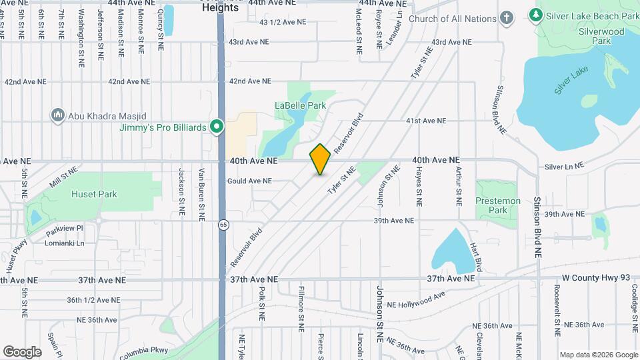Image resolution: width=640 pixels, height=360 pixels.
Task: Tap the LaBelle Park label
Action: pos(301,105)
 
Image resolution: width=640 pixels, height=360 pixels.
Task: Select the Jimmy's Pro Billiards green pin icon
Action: pos(216,127)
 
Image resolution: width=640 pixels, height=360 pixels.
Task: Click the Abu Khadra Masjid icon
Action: pos(57,115)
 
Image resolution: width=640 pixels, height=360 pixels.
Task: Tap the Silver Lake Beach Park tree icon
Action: pos(535,14)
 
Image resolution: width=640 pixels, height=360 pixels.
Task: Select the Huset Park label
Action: pos(94,194)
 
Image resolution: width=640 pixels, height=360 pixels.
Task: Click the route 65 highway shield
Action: pos(223,225)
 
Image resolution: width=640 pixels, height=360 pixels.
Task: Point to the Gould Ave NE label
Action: pos(249,181)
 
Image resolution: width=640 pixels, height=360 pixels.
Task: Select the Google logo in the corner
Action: pos(22,351)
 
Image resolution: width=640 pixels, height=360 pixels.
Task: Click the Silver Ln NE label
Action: pos(563,166)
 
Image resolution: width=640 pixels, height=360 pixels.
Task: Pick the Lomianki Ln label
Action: pos(66,243)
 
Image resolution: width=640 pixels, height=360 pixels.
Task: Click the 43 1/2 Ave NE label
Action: pos(283,22)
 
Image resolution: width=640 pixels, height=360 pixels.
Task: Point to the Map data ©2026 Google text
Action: pos(598,355)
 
